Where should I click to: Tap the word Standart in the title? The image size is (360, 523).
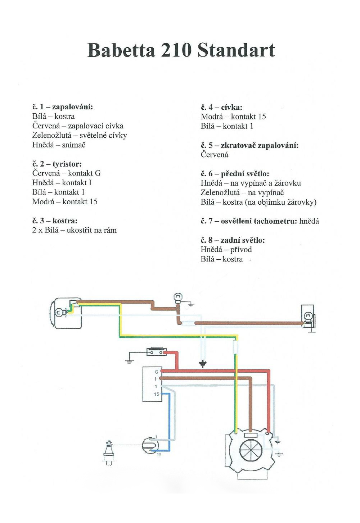tap(236, 50)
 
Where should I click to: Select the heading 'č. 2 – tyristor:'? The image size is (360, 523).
tap(57, 164)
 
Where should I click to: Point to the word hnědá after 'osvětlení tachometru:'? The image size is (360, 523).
tap(309, 221)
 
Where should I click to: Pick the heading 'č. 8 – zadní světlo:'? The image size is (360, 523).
tap(233, 240)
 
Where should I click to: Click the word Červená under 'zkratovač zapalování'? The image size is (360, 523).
tap(215, 155)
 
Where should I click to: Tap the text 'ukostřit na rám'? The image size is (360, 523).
tap(92, 230)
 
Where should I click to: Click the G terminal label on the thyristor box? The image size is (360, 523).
tap(156, 372)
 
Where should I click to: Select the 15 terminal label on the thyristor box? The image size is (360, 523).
tap(156, 394)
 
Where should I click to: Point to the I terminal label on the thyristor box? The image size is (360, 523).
tap(156, 379)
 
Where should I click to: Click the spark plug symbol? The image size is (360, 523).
tap(108, 451)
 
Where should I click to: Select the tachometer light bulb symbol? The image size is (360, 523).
tap(178, 297)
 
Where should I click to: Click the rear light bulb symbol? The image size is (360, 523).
tap(308, 316)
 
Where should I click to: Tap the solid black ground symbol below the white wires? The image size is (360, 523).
tap(203, 364)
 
